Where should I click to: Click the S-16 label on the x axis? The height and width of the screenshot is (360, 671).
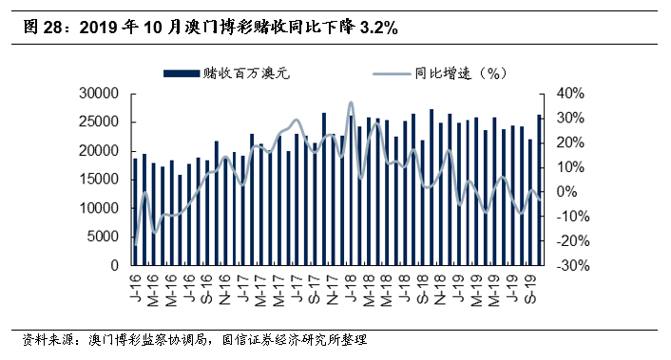206,284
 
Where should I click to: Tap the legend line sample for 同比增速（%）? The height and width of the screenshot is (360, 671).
391,72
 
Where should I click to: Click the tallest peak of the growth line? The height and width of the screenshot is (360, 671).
351,103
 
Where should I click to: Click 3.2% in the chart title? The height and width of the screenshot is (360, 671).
378,29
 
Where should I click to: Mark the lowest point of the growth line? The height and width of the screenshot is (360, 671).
136,245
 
